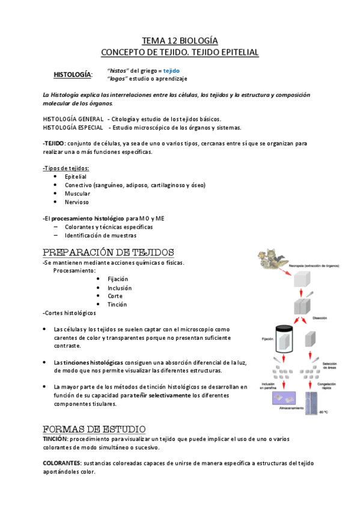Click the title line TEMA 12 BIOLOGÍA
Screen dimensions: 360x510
click(x=180, y=41)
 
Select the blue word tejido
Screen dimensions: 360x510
click(x=171, y=70)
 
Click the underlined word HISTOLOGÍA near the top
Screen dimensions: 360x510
click(x=73, y=75)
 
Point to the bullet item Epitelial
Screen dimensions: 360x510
click(x=76, y=177)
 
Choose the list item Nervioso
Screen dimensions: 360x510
click(x=77, y=202)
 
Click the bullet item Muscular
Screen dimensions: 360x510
click(x=78, y=194)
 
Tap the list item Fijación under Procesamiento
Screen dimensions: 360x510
click(x=118, y=279)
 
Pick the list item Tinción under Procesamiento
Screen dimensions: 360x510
click(x=117, y=304)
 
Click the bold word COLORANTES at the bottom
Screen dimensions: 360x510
click(x=62, y=464)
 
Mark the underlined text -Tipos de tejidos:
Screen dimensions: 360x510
click(x=66, y=168)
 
